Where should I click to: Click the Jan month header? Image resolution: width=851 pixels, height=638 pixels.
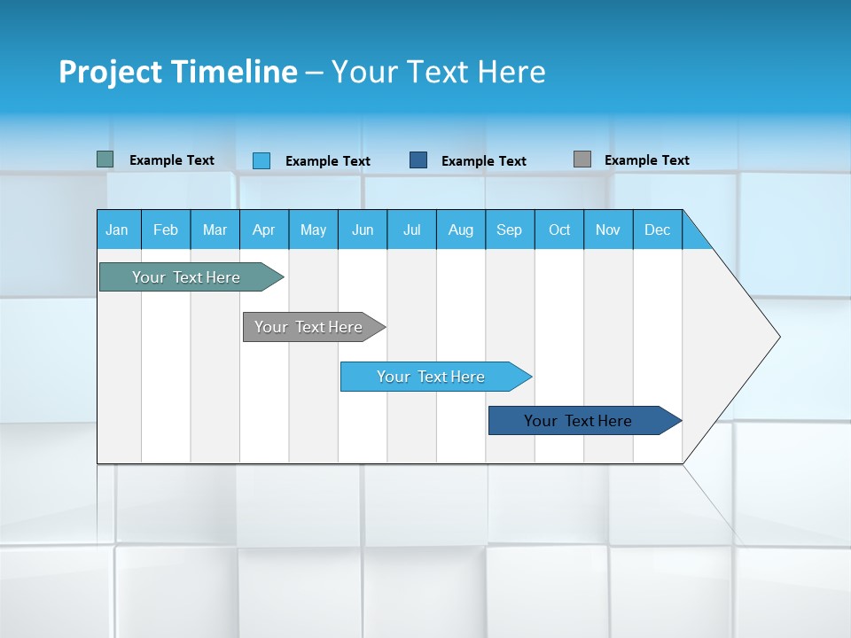click(x=117, y=230)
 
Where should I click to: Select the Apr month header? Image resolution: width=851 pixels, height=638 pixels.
click(x=263, y=230)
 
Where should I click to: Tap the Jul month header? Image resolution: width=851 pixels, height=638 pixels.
click(x=411, y=230)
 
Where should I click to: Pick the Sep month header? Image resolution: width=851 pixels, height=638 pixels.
click(x=509, y=230)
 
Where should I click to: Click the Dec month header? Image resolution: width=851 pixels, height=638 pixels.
click(x=657, y=230)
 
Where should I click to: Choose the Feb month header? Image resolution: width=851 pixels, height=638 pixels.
click(x=166, y=230)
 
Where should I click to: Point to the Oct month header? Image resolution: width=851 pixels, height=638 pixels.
click(x=559, y=230)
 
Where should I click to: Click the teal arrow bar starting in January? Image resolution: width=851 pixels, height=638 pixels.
click(x=186, y=277)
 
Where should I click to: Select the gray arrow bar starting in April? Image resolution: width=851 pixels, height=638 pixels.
click(x=308, y=327)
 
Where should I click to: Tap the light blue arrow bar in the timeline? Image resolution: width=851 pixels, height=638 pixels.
click(x=431, y=377)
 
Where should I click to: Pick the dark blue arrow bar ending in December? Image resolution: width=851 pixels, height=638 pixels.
click(x=578, y=421)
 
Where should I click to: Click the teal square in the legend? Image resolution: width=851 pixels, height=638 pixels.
click(x=105, y=159)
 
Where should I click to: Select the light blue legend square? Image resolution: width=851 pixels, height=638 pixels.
click(x=262, y=160)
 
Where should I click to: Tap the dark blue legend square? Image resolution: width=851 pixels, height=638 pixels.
click(x=418, y=160)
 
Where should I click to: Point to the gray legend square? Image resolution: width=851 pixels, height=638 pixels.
click(x=582, y=159)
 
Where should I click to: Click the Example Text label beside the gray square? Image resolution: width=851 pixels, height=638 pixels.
click(x=646, y=160)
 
